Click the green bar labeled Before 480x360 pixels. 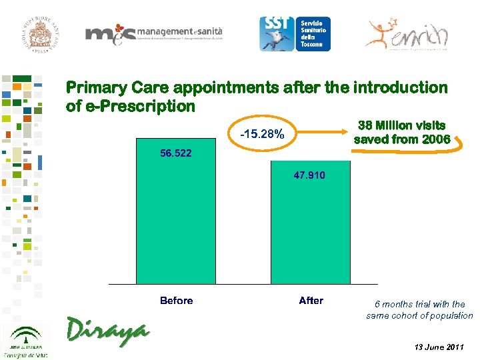pos(176,220)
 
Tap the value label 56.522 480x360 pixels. pos(176,153)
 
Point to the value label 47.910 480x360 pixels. pos(310,175)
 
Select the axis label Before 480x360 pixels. pos(176,301)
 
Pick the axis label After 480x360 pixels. pos(311,301)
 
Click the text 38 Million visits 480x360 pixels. pos(402,125)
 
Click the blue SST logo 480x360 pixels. pos(277,33)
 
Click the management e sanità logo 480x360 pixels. pos(153,34)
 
